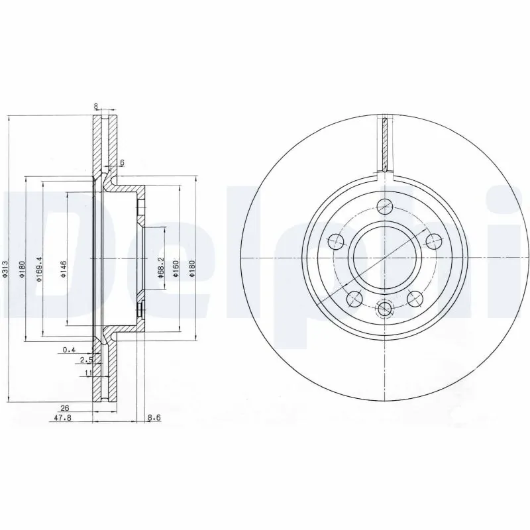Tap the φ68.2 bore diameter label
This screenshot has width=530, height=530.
(x=161, y=263)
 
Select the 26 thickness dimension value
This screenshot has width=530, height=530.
(x=66, y=407)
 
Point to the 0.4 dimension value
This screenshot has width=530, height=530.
(x=68, y=349)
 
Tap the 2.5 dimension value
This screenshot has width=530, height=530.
(x=85, y=360)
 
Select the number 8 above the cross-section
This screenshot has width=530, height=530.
(x=96, y=105)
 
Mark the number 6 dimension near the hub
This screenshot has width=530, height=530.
(x=121, y=162)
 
